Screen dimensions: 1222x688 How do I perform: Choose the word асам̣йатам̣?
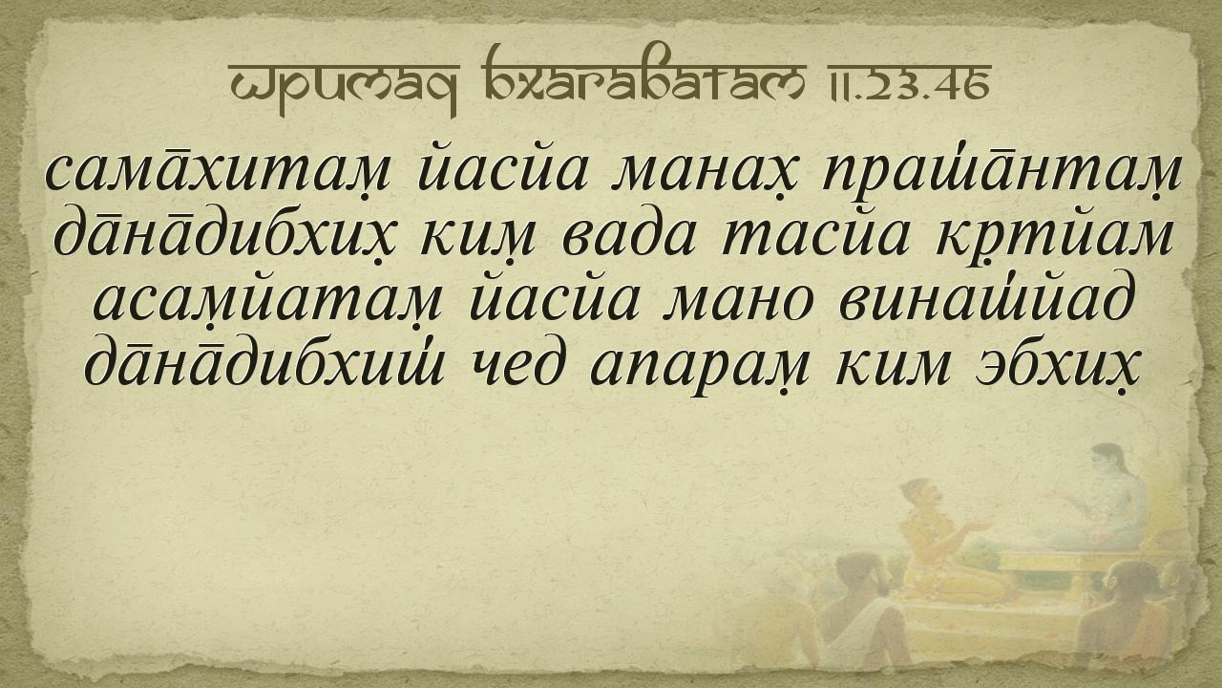point(268,303)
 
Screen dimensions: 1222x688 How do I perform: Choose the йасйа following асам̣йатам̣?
point(554,300)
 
